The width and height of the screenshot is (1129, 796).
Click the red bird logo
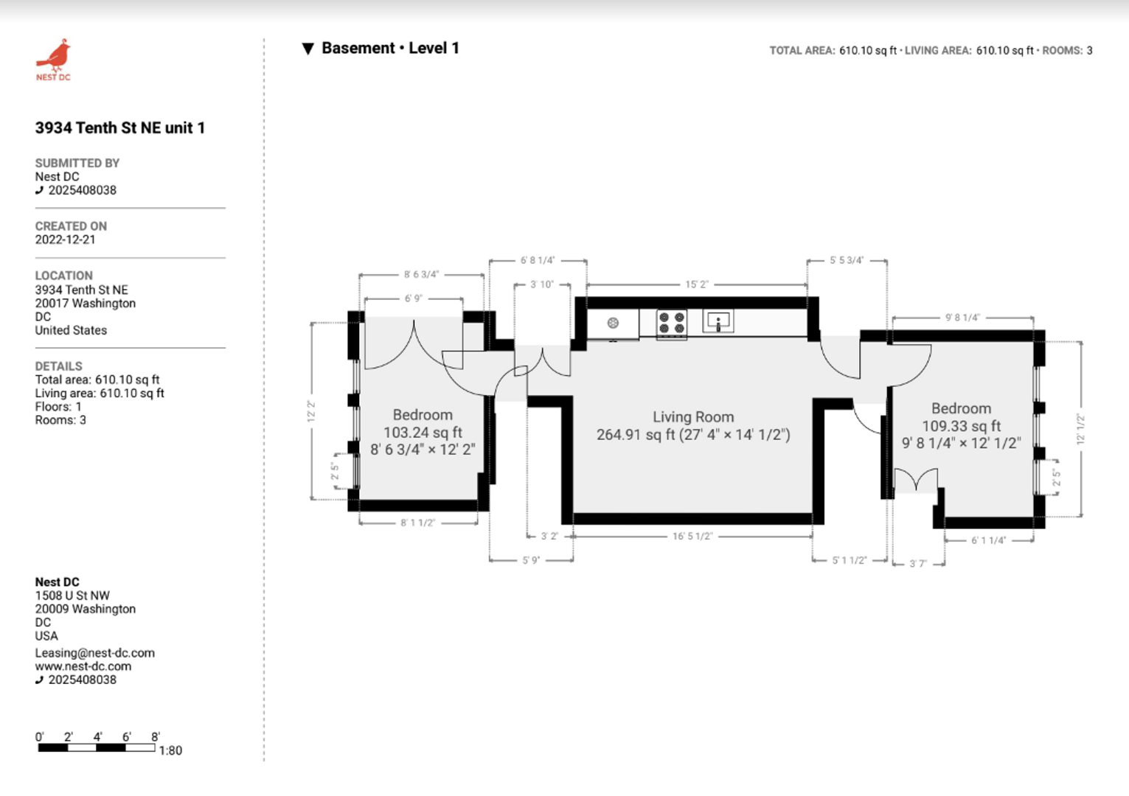(55, 55)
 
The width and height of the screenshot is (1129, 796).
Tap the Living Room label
(693, 417)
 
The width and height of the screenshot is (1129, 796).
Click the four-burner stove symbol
(671, 323)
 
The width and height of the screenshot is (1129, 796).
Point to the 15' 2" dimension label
(697, 284)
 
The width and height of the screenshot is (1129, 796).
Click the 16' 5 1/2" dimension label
(692, 536)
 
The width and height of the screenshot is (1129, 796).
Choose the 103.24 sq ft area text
(423, 432)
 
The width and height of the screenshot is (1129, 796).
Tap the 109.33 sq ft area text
(961, 426)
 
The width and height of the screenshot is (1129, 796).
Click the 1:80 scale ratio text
(170, 750)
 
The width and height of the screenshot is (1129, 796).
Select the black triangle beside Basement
(308, 49)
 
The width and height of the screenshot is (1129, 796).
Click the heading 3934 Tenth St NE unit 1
(120, 128)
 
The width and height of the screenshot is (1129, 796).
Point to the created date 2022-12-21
(65, 240)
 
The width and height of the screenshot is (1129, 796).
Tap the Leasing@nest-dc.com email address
(94, 653)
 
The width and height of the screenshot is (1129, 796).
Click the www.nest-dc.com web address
(83, 666)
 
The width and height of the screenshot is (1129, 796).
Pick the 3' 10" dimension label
(542, 284)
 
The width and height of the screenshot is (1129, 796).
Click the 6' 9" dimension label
(413, 298)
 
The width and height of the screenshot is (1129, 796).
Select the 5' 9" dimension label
(531, 560)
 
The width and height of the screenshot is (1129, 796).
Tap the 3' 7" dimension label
(918, 564)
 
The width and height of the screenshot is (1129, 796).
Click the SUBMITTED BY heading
(77, 163)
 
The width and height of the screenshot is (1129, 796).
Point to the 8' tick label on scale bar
(156, 737)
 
